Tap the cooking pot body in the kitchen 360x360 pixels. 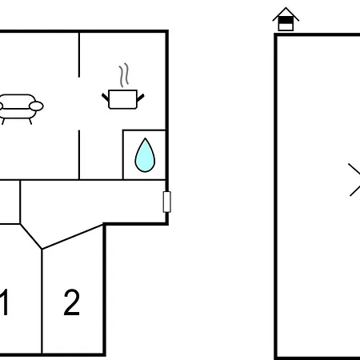click(122, 99)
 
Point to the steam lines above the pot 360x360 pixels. click(124, 75)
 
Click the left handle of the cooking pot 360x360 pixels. click(106, 98)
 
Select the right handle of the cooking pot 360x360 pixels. click(141, 98)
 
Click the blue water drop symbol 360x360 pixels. click(145, 155)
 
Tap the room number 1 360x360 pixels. click(5, 302)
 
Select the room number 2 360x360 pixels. click(72, 302)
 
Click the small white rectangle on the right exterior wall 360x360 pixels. click(167, 202)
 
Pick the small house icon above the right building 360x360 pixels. click(286, 19)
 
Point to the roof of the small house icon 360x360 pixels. click(286, 14)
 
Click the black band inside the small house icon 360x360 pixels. click(286, 20)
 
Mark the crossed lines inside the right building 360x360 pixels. click(354, 179)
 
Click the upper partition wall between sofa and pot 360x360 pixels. click(79, 54)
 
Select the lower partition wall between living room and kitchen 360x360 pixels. click(79, 154)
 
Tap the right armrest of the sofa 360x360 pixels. click(36, 106)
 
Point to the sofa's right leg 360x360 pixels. click(30, 122)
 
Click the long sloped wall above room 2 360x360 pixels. click(73, 237)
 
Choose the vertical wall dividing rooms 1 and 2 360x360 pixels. click(42, 302)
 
